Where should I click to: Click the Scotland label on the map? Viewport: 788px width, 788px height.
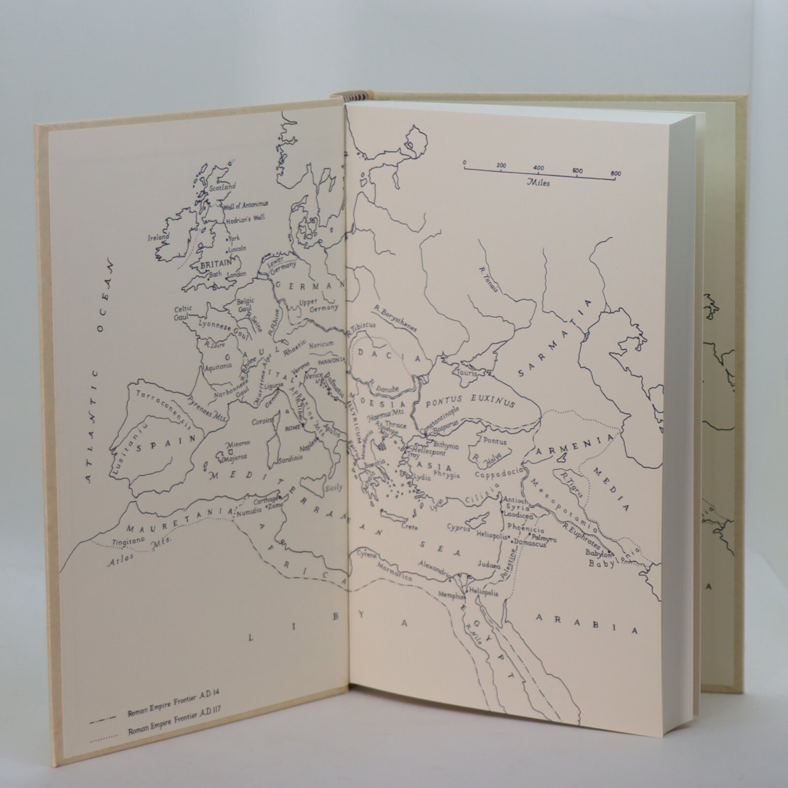pyautogui.click(x=223, y=188)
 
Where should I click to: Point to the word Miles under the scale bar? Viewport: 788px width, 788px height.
pyautogui.click(x=538, y=183)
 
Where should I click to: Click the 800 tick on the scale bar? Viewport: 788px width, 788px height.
pyautogui.click(x=615, y=173)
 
